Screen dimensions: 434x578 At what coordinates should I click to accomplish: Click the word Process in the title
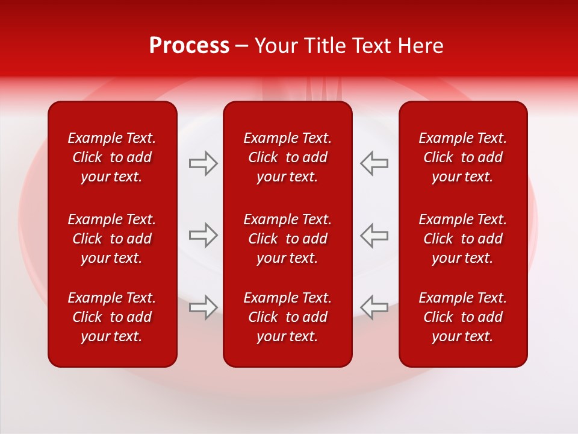point(189,46)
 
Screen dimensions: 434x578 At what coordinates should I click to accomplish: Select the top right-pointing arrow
point(204,163)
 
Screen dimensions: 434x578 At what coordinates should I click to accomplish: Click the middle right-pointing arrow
point(204,235)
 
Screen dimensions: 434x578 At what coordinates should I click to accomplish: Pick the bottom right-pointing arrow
point(204,307)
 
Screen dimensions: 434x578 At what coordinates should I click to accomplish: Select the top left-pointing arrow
point(374,163)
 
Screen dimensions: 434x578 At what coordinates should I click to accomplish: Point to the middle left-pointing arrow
point(374,235)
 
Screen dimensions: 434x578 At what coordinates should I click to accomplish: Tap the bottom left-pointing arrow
point(374,307)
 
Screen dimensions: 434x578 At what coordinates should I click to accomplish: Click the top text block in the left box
point(112,157)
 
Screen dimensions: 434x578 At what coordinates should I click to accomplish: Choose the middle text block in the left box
point(112,239)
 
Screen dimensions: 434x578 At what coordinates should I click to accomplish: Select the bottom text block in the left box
point(112,317)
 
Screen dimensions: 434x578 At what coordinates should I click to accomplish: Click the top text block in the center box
point(287,157)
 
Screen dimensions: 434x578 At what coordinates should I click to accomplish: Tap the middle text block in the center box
point(287,239)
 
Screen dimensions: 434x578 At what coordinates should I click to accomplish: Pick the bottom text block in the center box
point(287,317)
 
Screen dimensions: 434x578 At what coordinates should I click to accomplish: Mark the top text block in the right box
point(462,157)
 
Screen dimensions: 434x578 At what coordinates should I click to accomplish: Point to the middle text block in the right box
point(462,239)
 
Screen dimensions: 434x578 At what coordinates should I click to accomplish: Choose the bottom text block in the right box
point(462,317)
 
